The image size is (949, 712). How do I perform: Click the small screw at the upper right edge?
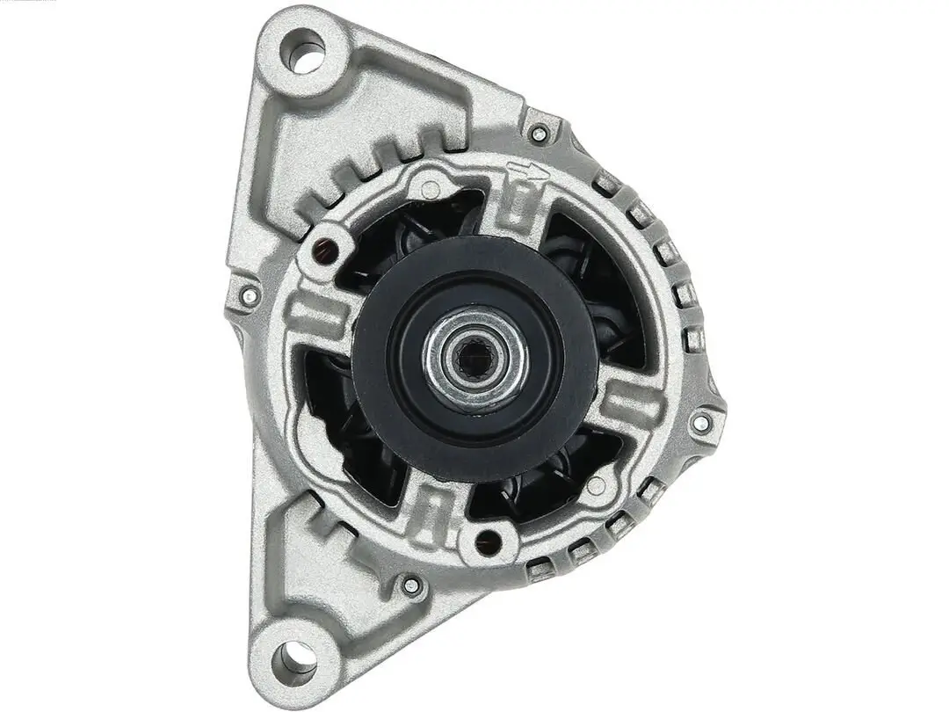pyautogui.click(x=540, y=134)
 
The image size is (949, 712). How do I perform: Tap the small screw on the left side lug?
pyautogui.click(x=250, y=295)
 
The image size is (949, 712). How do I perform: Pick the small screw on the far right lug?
pyautogui.click(x=700, y=424)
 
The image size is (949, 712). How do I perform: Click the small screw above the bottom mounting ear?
pyautogui.click(x=411, y=584)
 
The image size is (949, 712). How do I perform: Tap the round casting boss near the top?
pyautogui.click(x=429, y=186)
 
